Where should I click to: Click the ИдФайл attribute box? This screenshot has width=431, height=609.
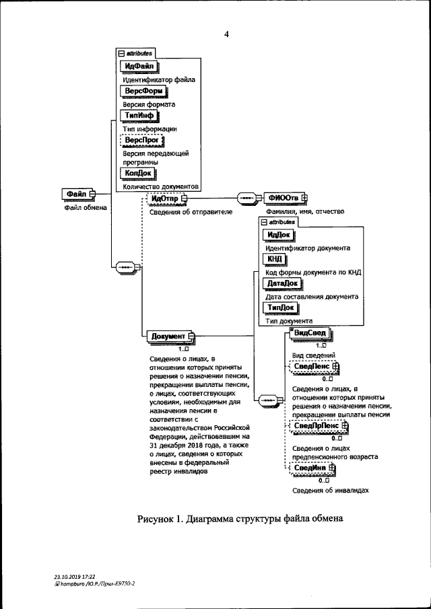pyautogui.click(x=138, y=66)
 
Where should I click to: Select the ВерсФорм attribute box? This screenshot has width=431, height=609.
pyautogui.click(x=142, y=91)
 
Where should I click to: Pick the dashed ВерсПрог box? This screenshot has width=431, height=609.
pyautogui.click(x=141, y=140)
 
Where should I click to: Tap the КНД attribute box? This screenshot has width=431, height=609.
pyautogui.click(x=274, y=259)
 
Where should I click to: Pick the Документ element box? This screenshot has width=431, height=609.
pyautogui.click(x=168, y=336)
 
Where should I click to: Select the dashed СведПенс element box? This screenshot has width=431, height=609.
pyautogui.click(x=312, y=367)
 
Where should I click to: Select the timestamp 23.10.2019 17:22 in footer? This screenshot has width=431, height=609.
pyautogui.click(x=75, y=577)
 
